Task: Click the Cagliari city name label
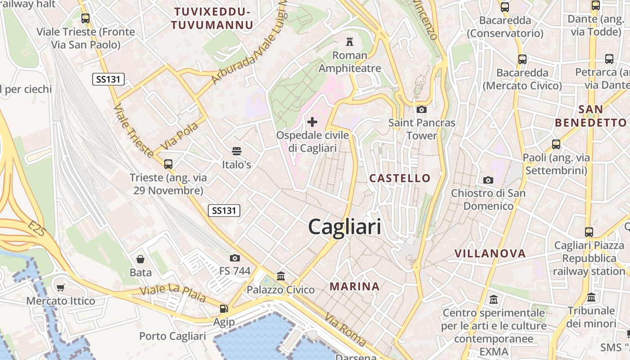point(345,227)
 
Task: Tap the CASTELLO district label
point(400,178)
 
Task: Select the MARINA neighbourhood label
point(355,286)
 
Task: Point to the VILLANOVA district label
point(490,253)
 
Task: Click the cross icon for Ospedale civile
point(312,121)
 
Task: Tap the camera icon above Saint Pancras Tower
point(422,109)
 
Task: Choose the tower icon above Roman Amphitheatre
point(349,42)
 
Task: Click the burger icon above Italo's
point(236,151)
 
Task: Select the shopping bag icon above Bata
point(140,259)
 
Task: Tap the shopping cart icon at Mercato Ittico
point(61,287)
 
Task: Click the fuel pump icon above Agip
point(223,309)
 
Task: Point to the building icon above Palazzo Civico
point(281,276)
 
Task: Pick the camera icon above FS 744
point(234,258)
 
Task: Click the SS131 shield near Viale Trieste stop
point(108,80)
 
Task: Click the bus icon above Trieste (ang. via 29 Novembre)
point(168,164)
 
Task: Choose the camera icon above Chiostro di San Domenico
point(488,180)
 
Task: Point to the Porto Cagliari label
point(172,336)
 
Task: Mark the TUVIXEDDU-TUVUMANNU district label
point(212,18)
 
